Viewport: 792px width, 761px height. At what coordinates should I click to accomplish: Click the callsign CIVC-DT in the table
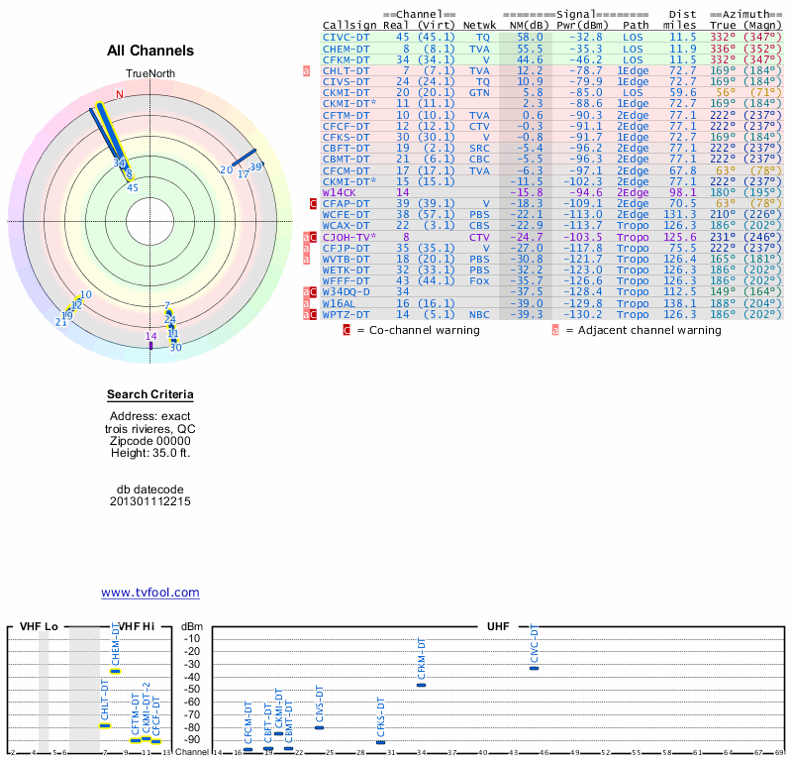click(347, 36)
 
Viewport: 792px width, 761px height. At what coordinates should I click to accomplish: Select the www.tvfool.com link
click(150, 593)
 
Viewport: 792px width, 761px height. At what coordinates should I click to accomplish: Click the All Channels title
click(150, 51)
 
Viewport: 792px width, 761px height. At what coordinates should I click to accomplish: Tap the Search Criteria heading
click(150, 394)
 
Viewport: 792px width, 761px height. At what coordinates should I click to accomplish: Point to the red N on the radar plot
click(120, 95)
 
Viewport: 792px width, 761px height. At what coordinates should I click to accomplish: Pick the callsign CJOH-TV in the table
click(349, 238)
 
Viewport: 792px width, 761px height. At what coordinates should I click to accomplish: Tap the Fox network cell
click(480, 280)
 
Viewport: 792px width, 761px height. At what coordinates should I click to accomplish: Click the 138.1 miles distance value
click(682, 302)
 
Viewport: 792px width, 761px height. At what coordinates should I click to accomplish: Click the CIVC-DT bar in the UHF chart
click(534, 668)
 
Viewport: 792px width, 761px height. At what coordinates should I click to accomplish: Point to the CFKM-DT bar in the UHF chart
click(421, 685)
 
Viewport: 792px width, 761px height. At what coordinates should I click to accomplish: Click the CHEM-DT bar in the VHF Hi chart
click(115, 671)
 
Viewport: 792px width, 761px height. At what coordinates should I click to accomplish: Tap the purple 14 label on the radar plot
click(151, 336)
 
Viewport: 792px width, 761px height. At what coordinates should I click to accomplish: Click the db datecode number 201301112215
click(150, 501)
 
